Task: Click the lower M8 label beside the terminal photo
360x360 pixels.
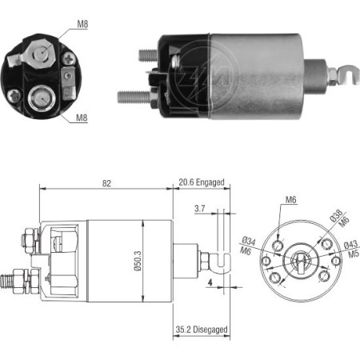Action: (x=82, y=118)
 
